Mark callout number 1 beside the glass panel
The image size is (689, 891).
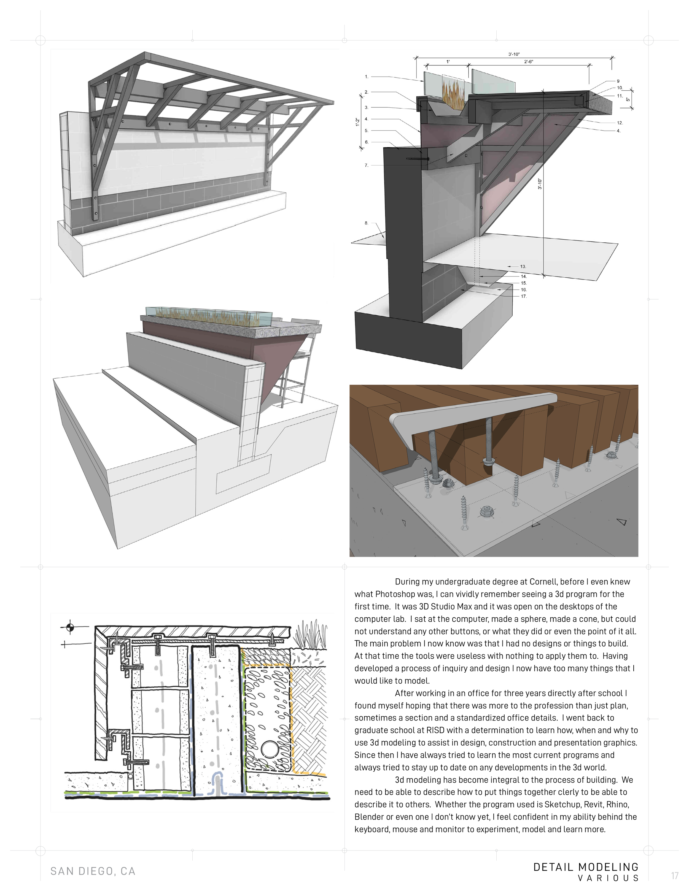tap(367, 76)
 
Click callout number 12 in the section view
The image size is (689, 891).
tap(619, 122)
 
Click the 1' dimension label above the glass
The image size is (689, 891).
tap(448, 62)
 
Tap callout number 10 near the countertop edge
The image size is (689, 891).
tap(619, 88)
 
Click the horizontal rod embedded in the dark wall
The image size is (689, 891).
tap(416, 158)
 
